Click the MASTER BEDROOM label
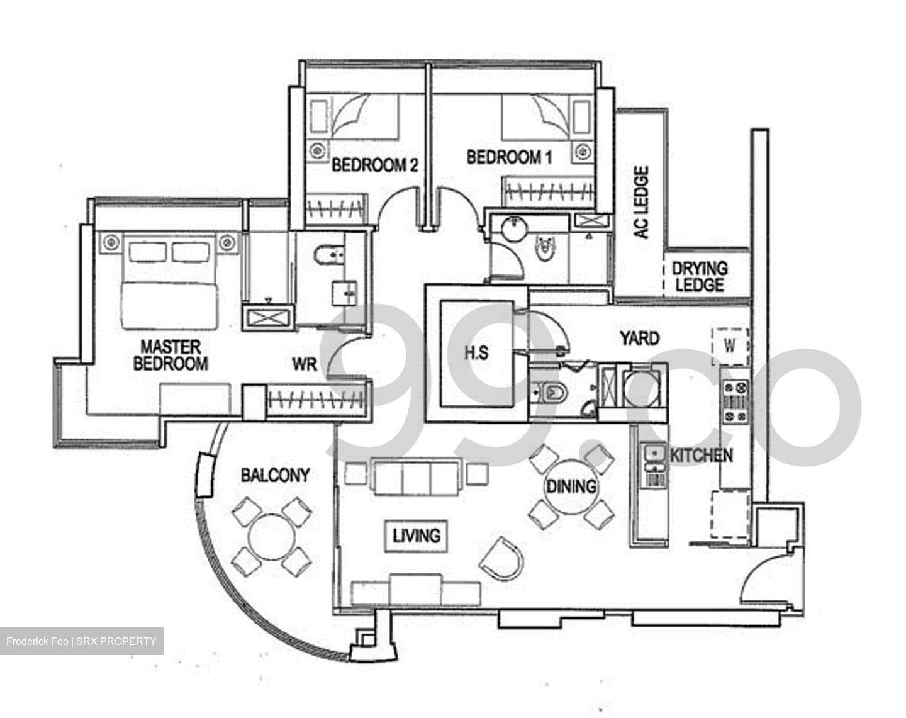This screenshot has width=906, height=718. [x=171, y=356]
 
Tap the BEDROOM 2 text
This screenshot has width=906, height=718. [x=375, y=165]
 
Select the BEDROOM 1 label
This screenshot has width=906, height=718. [x=509, y=157]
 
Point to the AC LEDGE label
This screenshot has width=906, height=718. [x=641, y=203]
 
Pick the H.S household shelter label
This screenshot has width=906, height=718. [x=476, y=352]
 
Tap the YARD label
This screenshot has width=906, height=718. [x=639, y=339]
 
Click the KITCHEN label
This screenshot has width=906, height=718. [x=701, y=455]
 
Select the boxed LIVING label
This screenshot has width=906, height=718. [x=416, y=536]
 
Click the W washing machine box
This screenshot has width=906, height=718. [x=730, y=345]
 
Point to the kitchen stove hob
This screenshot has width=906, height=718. [x=735, y=401]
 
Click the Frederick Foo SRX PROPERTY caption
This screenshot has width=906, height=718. [x=81, y=641]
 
